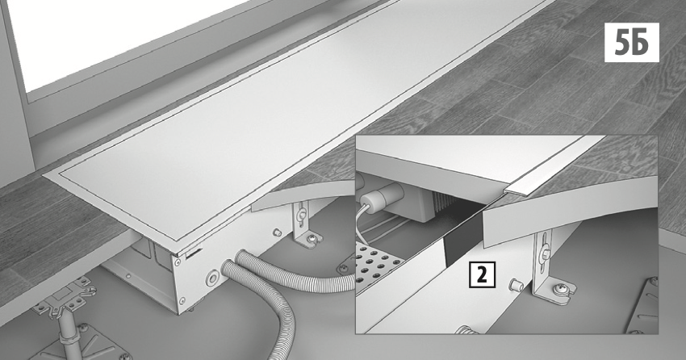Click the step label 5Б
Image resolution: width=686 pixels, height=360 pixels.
click(x=631, y=42)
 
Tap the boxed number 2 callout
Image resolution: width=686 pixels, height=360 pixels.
click(x=482, y=275)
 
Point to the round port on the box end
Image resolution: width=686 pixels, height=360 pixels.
click(x=213, y=277)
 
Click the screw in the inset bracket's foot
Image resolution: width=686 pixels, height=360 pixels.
click(x=559, y=290)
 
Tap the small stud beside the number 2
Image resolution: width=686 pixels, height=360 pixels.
click(x=516, y=285)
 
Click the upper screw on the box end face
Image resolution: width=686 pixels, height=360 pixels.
click(x=178, y=262)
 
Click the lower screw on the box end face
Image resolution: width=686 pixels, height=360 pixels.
click(x=182, y=300)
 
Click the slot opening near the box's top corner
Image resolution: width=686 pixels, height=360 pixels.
click(x=193, y=253)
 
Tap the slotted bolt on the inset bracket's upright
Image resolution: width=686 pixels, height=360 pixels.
click(x=545, y=253)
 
